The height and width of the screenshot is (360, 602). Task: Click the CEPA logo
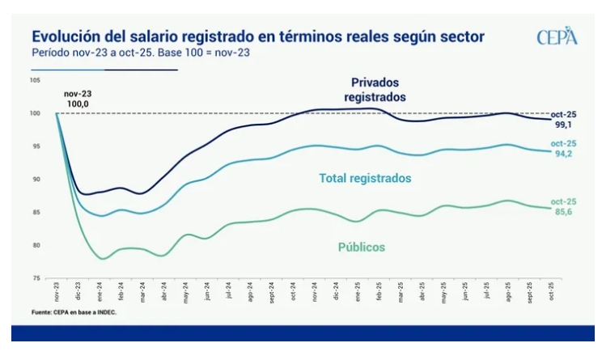coord(557,36)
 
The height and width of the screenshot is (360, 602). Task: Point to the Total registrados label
coord(366,178)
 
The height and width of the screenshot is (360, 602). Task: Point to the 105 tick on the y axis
coord(36,80)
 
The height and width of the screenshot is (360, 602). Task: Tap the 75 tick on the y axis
coord(36,278)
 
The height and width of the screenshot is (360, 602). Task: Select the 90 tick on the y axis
coord(36,179)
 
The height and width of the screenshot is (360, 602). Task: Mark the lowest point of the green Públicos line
coord(103,259)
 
